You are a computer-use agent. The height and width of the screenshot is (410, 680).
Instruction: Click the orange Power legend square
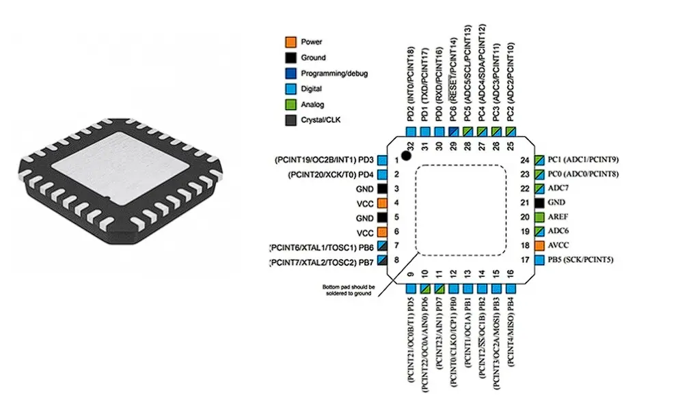click(x=290, y=42)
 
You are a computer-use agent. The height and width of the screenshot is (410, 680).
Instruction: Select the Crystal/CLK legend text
click(x=321, y=120)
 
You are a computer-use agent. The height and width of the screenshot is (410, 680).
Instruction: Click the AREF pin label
click(x=558, y=217)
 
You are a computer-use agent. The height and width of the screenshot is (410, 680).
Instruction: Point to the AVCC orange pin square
click(x=539, y=246)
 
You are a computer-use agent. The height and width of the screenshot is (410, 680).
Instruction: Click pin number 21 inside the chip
click(x=525, y=203)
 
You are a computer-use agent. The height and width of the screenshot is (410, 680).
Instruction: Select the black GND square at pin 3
click(x=382, y=189)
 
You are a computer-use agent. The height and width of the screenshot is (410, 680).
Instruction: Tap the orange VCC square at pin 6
click(x=382, y=232)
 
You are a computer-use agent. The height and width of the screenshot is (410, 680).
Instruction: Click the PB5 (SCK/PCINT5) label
click(x=581, y=260)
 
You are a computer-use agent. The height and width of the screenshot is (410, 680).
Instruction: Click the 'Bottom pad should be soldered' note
click(x=349, y=290)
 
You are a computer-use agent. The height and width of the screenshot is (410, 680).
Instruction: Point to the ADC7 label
click(x=558, y=188)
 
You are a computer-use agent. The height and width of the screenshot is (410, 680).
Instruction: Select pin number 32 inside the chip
click(x=411, y=146)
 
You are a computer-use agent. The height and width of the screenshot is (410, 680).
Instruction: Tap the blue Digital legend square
click(x=290, y=89)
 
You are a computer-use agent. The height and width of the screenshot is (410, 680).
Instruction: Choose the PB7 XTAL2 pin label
click(x=321, y=262)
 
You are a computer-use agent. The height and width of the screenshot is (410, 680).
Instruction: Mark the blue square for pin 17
click(x=539, y=260)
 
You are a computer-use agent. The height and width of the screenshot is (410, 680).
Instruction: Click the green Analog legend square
click(x=290, y=105)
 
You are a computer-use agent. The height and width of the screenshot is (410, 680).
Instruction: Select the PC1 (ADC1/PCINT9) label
click(x=583, y=159)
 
